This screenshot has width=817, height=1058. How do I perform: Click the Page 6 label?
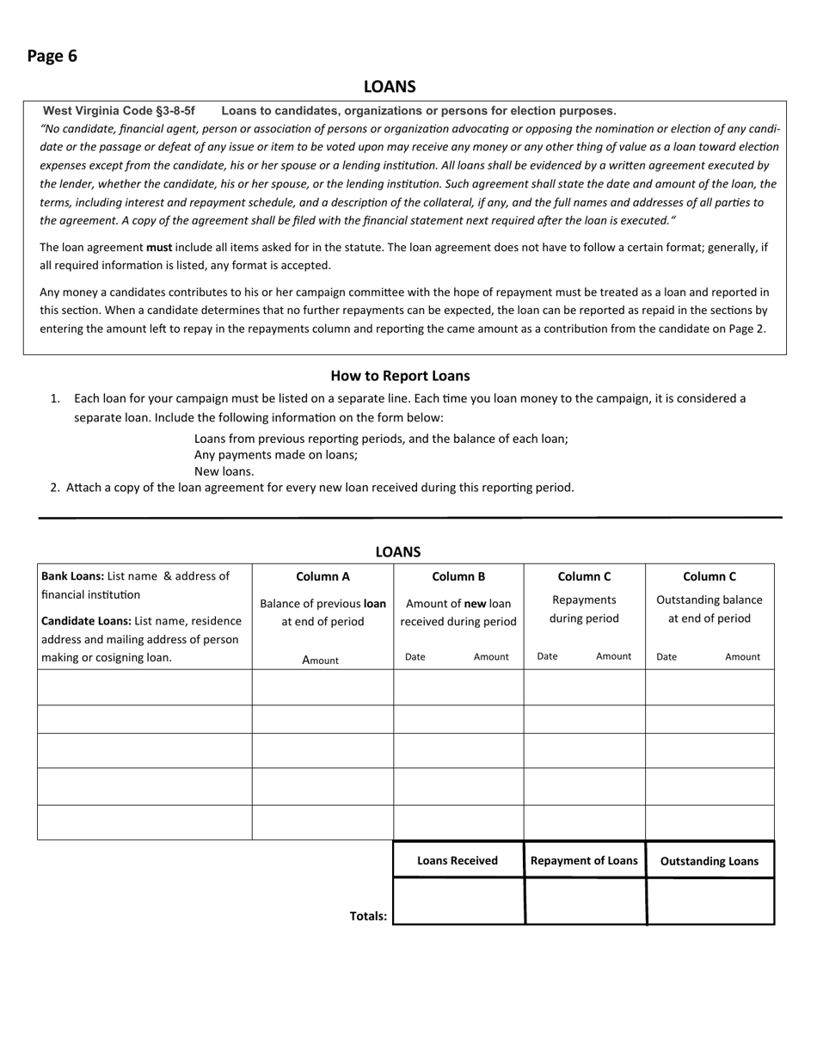point(52,56)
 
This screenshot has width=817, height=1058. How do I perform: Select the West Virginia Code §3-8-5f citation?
point(119,111)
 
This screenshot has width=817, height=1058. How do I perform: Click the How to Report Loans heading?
point(400,376)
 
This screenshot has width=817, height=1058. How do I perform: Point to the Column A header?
point(322,576)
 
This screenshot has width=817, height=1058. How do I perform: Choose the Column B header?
point(458,576)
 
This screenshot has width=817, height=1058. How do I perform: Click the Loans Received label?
point(458,860)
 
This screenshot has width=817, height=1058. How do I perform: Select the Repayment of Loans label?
point(584,860)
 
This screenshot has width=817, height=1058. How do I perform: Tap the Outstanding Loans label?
point(709,861)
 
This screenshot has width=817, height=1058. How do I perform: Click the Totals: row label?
point(368,916)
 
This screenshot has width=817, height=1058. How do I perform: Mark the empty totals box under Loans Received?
point(458,901)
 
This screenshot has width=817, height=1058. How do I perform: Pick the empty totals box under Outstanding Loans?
point(710,901)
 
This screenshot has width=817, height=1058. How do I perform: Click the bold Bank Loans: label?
point(73,576)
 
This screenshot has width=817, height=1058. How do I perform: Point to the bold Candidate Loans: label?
point(86,621)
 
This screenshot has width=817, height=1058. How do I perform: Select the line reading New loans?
point(224,471)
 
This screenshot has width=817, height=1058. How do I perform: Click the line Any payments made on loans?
point(276,455)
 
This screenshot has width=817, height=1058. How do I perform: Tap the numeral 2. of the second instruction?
point(55,488)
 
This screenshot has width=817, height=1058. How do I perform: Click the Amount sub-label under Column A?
point(321,660)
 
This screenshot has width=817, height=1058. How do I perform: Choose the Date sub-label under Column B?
point(415,656)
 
